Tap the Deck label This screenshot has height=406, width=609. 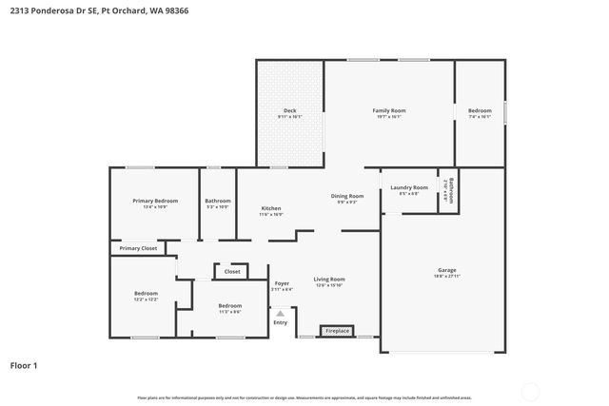pyautogui.click(x=289, y=111)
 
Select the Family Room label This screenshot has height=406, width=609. pyautogui.click(x=388, y=111)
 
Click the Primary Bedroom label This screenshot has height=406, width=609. pyautogui.click(x=155, y=201)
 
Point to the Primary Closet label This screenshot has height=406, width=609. pyautogui.click(x=138, y=248)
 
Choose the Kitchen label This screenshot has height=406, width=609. pyautogui.click(x=271, y=208)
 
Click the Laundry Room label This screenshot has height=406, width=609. pyautogui.click(x=409, y=187)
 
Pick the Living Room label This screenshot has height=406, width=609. pyautogui.click(x=329, y=280)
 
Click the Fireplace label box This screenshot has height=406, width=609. pyautogui.click(x=338, y=331)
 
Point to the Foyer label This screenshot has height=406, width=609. pyautogui.click(x=282, y=283)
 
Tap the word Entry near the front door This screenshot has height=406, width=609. pyautogui.click(x=281, y=322)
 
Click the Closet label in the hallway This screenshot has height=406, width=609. pyautogui.click(x=232, y=272)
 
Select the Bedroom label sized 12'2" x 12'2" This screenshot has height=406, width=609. pyautogui.click(x=146, y=294)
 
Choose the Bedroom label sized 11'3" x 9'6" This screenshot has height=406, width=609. pyautogui.click(x=230, y=305)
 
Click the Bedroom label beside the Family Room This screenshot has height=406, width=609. pyautogui.click(x=480, y=111)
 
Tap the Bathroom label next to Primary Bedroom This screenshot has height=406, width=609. pyautogui.click(x=218, y=201)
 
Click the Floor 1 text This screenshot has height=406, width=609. pyautogui.click(x=23, y=365)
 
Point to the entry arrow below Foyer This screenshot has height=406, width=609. pyautogui.click(x=281, y=311)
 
